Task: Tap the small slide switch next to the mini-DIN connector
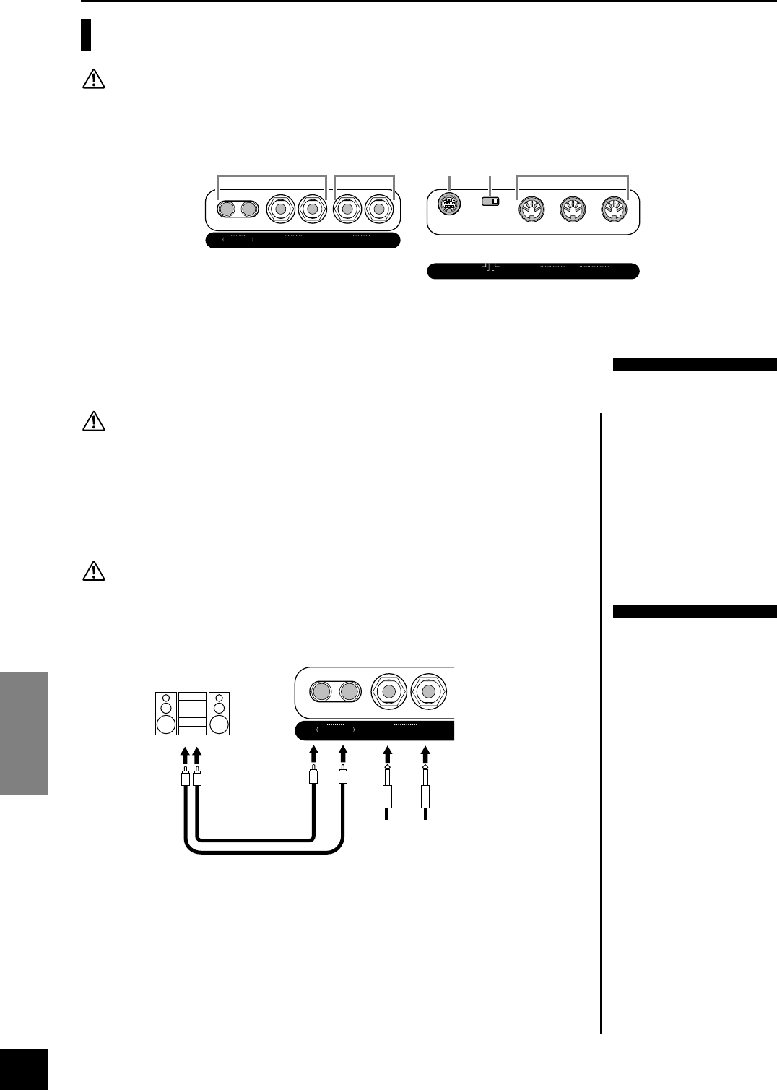(x=491, y=202)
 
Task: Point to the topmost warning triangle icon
(x=94, y=79)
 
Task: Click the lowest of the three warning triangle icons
(x=94, y=572)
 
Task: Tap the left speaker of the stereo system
(x=166, y=714)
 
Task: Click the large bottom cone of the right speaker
(x=220, y=724)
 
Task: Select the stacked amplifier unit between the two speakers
(x=192, y=714)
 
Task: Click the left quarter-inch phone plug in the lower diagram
(x=388, y=795)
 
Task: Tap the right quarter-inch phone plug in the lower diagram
(x=425, y=795)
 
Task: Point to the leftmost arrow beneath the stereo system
(x=186, y=756)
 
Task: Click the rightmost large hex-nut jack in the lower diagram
(x=428, y=691)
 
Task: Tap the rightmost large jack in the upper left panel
(x=379, y=209)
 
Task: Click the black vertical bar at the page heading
(x=86, y=35)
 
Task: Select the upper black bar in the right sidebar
(x=693, y=364)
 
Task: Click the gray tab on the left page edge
(x=24, y=733)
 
